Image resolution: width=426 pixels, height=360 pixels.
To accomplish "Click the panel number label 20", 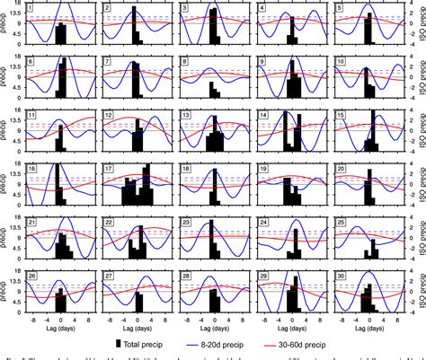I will tap(341, 169).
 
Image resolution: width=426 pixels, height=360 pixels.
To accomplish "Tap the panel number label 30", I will tap(341, 276).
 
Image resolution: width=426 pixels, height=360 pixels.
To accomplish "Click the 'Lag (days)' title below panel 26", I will tap(58, 329).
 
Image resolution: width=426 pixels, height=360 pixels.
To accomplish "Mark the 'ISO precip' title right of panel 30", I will tap(419, 293).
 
